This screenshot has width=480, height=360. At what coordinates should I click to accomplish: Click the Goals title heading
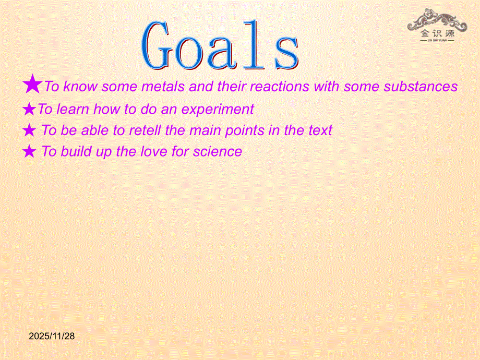(220, 45)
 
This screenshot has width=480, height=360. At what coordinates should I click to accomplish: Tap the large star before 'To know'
(32, 84)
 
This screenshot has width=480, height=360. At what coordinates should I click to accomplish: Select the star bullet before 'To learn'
(29, 109)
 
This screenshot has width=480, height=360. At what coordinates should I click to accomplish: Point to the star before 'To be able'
(29, 130)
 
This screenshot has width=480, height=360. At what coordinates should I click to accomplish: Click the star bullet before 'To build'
(29, 151)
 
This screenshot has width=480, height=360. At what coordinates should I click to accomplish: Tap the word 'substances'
(421, 86)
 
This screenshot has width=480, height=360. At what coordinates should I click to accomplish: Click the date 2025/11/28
(52, 336)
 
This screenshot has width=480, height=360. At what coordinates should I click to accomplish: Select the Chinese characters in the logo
(437, 33)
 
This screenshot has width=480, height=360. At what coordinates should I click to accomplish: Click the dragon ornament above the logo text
(437, 19)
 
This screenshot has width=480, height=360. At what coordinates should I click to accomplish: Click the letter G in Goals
(155, 45)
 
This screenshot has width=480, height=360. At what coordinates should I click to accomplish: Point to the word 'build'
(76, 151)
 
